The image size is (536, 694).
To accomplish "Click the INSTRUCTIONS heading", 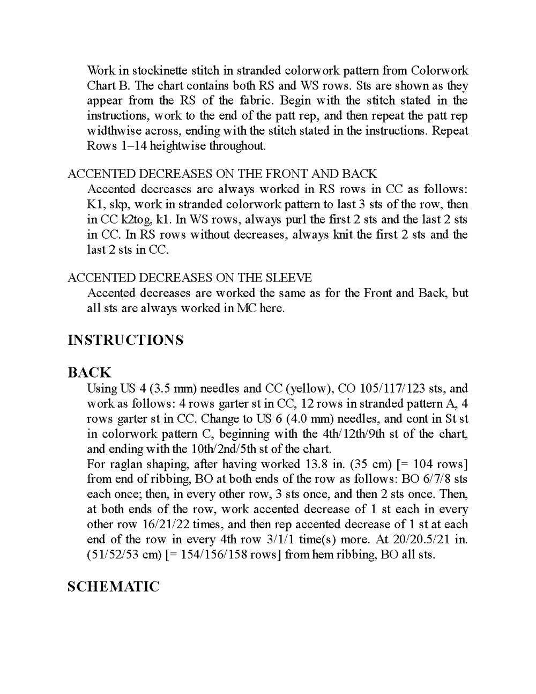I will (x=125, y=340).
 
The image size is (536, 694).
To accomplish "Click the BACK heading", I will (x=89, y=372).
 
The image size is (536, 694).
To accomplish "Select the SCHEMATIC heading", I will (x=113, y=587).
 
